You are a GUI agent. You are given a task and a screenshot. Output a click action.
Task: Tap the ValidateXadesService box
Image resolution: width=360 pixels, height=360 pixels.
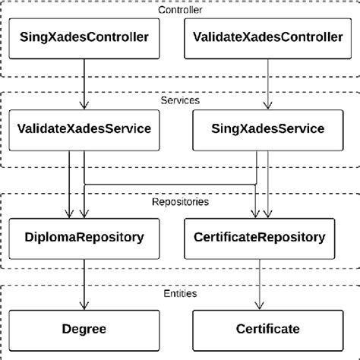tap(84, 128)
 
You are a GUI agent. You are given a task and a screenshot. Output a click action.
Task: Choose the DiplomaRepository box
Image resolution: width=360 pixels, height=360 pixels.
tap(84, 236)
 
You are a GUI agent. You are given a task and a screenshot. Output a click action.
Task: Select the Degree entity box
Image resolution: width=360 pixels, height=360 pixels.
tap(84, 329)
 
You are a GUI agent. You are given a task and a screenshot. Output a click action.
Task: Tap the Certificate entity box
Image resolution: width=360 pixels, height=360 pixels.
tap(266, 329)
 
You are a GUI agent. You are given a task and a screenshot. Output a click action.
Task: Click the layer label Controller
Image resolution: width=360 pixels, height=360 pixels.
tap(179, 9)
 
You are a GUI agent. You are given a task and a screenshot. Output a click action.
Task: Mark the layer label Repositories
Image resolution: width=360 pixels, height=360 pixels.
tap(179, 203)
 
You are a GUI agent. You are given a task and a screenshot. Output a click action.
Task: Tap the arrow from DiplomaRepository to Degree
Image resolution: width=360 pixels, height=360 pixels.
tap(84, 283)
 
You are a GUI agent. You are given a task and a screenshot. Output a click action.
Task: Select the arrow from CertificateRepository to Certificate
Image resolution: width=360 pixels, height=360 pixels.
tap(266, 283)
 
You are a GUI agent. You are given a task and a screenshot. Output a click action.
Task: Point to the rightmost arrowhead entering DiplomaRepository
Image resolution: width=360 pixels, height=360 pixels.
tap(84, 213)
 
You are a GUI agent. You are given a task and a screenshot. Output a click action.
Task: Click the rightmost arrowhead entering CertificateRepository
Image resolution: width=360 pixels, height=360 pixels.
tap(267, 213)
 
